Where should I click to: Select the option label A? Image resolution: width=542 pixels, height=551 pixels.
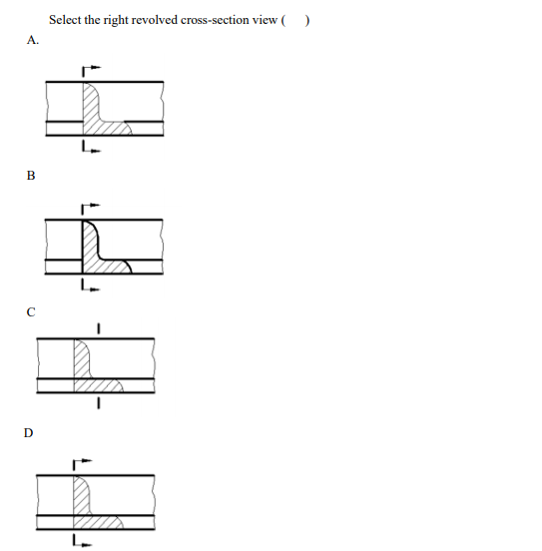[x=33, y=41]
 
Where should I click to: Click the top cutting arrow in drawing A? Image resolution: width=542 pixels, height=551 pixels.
[x=90, y=70]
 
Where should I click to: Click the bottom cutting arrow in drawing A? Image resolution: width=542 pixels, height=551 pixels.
[x=90, y=151]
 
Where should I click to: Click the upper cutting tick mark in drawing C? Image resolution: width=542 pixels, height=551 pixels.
[x=98, y=327]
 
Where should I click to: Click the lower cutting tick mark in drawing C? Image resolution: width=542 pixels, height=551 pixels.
[x=98, y=404]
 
